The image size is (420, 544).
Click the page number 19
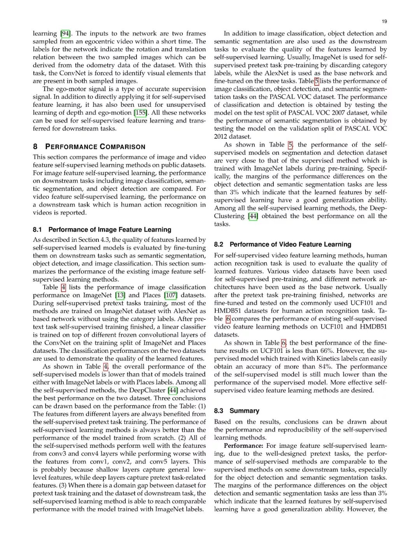[x=384, y=21]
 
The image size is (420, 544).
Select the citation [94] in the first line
[x=66, y=33]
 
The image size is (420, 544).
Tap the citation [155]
[x=141, y=113]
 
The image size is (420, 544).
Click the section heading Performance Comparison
[x=95, y=147]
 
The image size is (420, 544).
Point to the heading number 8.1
[x=38, y=230]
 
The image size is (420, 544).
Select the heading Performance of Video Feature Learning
[x=290, y=245]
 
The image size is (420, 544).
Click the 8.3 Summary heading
[x=236, y=411]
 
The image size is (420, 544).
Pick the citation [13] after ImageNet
[x=120, y=295]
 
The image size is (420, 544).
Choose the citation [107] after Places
[x=170, y=295]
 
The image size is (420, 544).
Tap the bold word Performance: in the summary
[x=244, y=445]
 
